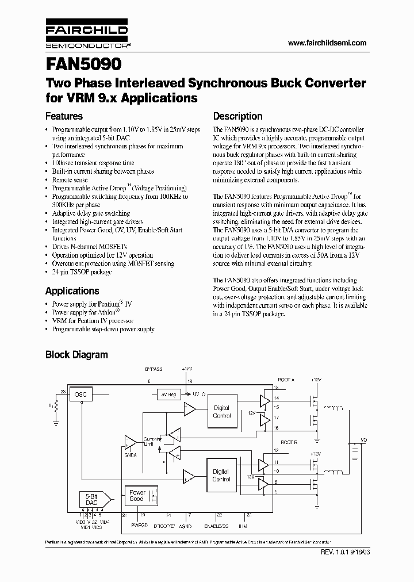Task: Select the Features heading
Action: (64, 116)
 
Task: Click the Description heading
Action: (237, 116)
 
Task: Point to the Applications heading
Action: (72, 290)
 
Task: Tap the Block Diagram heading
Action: (76, 355)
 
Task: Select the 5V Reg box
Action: (168, 395)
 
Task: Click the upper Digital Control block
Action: (221, 411)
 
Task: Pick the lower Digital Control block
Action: (221, 475)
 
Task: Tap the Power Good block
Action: (137, 496)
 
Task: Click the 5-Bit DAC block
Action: (91, 499)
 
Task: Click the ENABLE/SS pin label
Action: (217, 525)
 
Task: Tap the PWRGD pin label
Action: (140, 525)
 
